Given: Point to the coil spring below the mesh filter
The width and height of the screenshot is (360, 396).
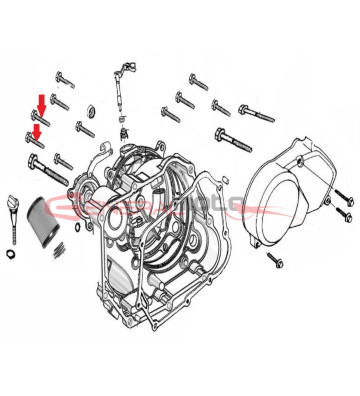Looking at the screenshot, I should [x=62, y=249].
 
